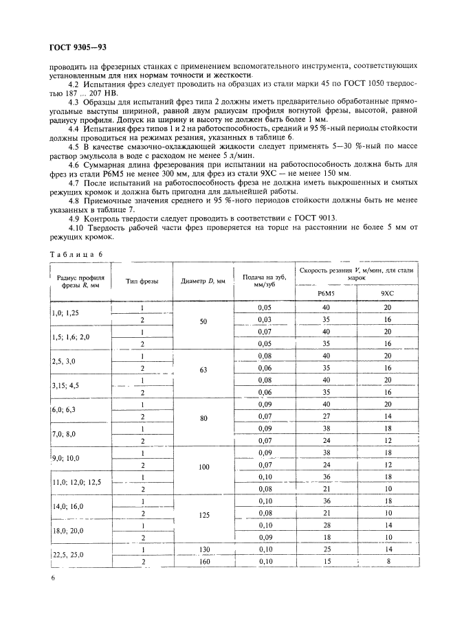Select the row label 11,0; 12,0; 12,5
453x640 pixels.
[x=76, y=483]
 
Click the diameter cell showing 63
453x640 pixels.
[x=203, y=368]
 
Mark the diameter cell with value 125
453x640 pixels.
[x=203, y=512]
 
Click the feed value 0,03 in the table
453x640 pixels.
[x=265, y=319]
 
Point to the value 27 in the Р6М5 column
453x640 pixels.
[x=326, y=415]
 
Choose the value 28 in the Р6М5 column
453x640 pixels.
[x=326, y=524]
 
